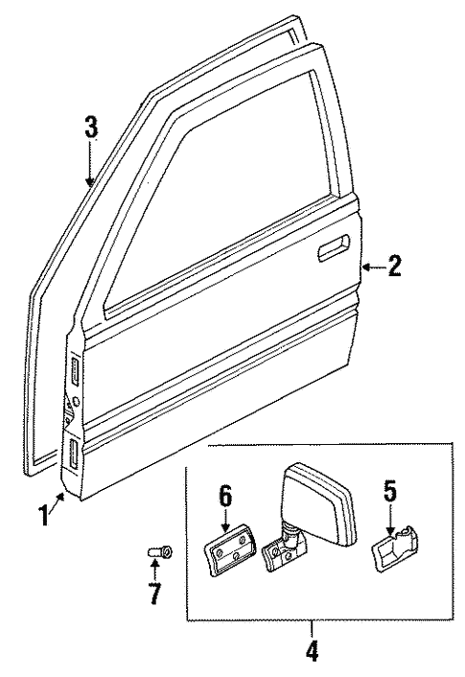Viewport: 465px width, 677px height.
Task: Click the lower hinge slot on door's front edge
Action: (x=72, y=453)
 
